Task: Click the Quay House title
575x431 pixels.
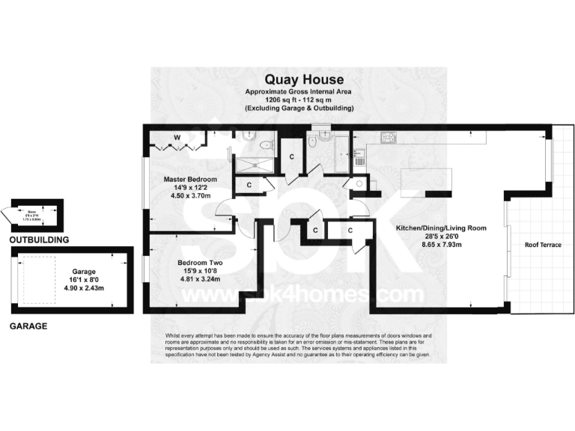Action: point(299,79)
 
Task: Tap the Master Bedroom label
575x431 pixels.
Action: point(191,180)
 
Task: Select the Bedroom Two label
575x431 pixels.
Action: point(201,263)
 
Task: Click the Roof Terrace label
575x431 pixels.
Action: point(542,245)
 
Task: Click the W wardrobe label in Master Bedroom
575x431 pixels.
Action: point(177,137)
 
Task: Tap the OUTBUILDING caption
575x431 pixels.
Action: point(39,240)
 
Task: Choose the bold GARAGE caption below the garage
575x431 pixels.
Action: point(28,326)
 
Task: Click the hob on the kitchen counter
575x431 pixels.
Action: point(389,138)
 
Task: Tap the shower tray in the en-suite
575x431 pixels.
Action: point(255,165)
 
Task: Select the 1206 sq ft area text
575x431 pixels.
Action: point(299,100)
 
